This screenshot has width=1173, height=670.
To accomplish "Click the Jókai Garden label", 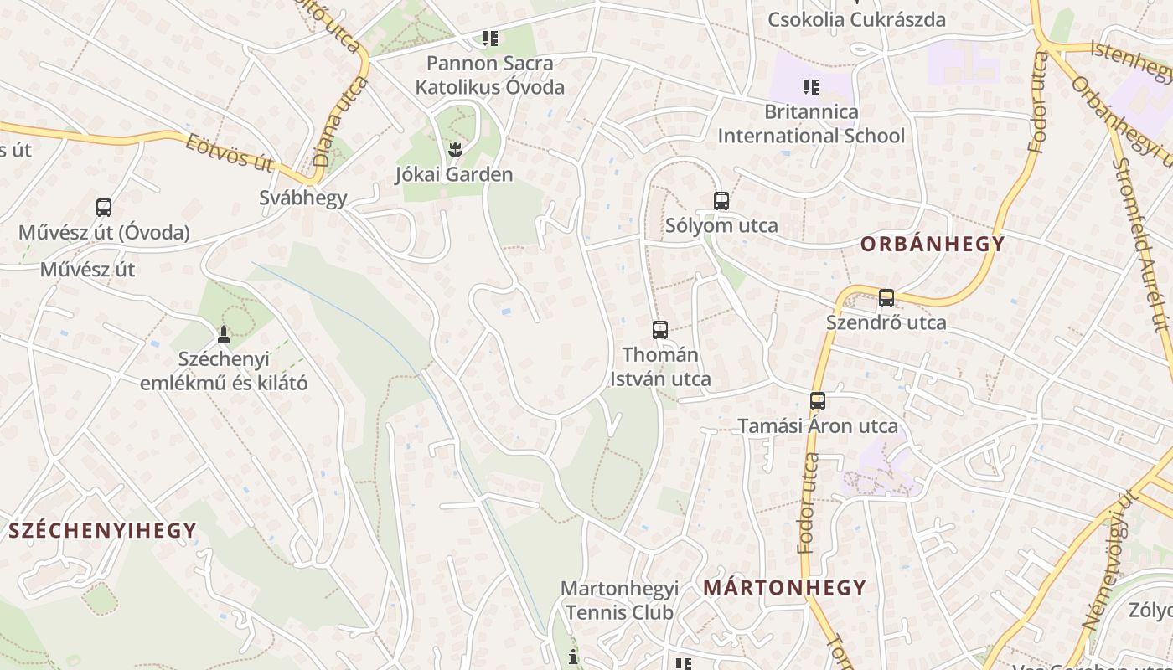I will click(453, 174).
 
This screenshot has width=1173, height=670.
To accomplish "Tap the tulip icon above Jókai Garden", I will click(454, 150).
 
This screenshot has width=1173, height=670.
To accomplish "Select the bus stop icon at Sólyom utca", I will click(721, 201).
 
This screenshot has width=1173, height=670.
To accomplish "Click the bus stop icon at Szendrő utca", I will click(886, 298).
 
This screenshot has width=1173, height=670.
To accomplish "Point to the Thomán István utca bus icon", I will click(660, 330).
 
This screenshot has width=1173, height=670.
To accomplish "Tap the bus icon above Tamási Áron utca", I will click(818, 401).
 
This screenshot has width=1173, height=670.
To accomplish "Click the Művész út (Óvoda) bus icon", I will click(104, 208).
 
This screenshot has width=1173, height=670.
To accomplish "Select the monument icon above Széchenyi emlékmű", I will click(223, 335).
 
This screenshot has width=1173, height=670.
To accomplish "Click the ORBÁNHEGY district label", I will click(933, 245).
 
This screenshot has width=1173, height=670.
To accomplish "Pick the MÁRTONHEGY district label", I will click(784, 587).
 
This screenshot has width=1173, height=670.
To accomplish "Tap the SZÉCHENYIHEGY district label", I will click(103, 530).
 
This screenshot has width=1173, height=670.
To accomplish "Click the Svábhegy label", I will click(302, 198).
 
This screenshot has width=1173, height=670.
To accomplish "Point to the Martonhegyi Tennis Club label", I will click(619, 600).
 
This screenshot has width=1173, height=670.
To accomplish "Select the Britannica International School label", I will click(811, 124).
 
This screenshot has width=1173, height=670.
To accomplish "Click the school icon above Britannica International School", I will click(810, 87).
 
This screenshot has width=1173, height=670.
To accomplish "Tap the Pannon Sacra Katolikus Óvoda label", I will click(490, 75).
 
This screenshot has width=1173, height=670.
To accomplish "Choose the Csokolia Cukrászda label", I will click(856, 19).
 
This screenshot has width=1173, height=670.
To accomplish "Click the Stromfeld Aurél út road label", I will click(1139, 243).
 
